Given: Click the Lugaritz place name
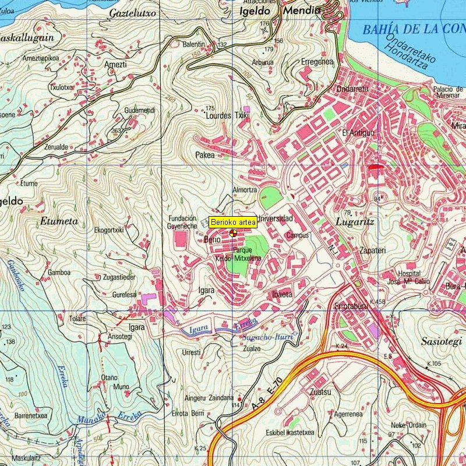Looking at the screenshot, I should (x=355, y=222).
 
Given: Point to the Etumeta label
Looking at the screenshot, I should (x=59, y=221).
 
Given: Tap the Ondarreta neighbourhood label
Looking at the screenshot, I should (x=352, y=89).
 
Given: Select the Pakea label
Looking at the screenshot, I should (x=205, y=156).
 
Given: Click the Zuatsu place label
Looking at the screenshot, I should (x=320, y=392).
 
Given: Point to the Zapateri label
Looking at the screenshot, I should (x=372, y=249).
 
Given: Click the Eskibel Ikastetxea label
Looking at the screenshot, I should (x=290, y=433).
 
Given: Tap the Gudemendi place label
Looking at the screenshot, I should (x=140, y=110).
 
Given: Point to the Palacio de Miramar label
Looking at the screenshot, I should (x=447, y=92).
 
